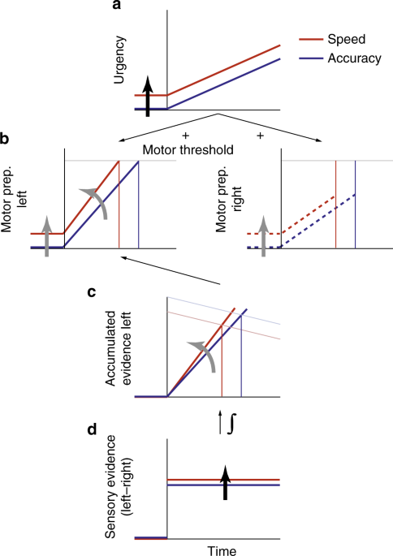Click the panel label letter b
pyautogui.click(x=6, y=140)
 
